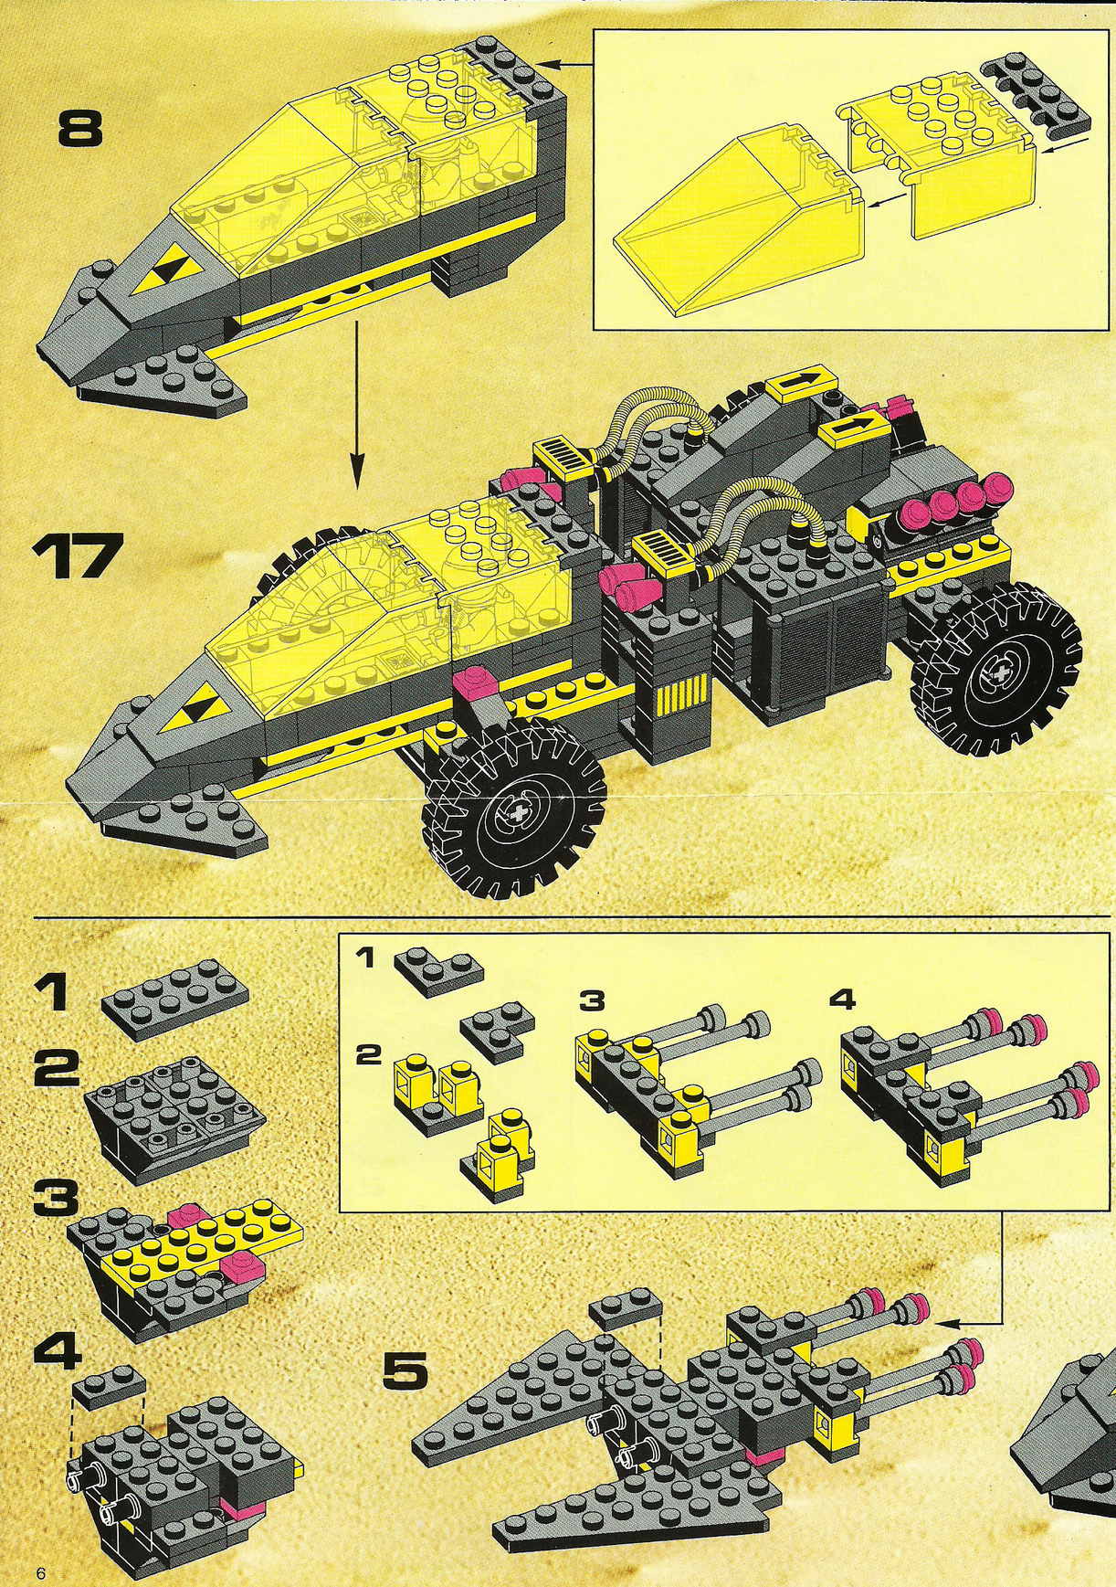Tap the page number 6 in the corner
(40, 1572)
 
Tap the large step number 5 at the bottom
(405, 1370)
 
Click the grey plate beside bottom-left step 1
(175, 1000)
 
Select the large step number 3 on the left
(56, 1198)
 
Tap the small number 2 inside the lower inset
(367, 1055)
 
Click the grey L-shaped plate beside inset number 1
(438, 970)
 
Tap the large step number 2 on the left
(57, 1067)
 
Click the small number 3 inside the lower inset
(592, 1000)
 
